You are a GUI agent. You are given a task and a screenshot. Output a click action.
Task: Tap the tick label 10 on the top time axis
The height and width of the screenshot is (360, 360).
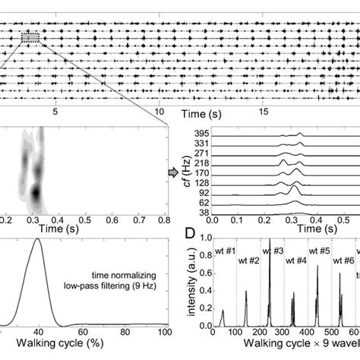tap(159, 111)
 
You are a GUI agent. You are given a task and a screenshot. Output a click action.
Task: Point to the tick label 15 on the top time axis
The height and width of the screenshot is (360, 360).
tap(264, 111)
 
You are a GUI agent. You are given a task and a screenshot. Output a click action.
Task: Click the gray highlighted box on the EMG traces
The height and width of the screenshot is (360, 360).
tap(30, 36)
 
